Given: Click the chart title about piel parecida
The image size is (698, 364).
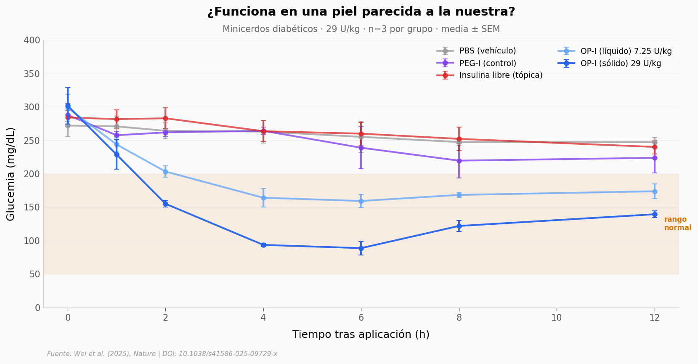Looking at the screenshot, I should (x=361, y=12).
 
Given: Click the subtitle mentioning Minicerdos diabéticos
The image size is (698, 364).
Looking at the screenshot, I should (x=361, y=29).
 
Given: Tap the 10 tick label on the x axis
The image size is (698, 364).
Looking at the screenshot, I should (x=556, y=318).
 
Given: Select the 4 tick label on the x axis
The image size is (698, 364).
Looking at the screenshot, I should (x=263, y=318).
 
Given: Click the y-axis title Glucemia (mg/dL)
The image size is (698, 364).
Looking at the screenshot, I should (x=11, y=174).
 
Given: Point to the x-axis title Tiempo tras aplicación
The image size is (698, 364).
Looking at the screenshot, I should (x=361, y=335).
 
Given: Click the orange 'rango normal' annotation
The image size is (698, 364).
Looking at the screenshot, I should (x=677, y=223).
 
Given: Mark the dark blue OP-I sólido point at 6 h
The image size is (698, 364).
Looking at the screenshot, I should (x=361, y=248).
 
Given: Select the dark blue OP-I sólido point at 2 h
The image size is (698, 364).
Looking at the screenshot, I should (x=165, y=204).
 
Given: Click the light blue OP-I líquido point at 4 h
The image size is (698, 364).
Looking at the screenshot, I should (x=263, y=198).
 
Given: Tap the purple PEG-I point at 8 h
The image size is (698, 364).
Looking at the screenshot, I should (x=459, y=161).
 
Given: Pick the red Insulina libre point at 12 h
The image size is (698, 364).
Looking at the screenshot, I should (x=655, y=147).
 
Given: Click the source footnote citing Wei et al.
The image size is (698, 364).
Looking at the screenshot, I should (x=162, y=354).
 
